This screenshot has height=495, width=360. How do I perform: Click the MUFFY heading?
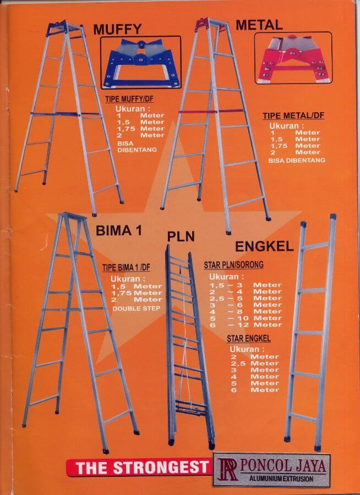[x=117, y=29]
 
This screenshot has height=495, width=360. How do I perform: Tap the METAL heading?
[x=259, y=25]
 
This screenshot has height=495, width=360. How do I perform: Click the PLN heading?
[x=181, y=236]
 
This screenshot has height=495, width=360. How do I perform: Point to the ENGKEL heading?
[x=265, y=246]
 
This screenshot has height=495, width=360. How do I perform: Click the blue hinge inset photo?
[x=141, y=63]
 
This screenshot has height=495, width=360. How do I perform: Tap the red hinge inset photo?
[x=293, y=58]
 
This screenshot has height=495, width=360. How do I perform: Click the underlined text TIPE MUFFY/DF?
[x=129, y=100]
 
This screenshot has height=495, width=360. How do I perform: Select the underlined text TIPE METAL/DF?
[x=293, y=116]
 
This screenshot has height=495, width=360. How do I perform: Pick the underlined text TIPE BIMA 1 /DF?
[x=126, y=268]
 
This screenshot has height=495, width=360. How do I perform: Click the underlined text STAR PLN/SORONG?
[x=233, y=265]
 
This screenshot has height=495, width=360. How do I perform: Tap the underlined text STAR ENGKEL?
[x=249, y=339]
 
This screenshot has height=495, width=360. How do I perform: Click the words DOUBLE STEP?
[x=136, y=309]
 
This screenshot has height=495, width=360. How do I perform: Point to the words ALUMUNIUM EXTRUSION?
[x=281, y=479]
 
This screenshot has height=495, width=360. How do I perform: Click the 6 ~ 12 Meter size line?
[x=246, y=324]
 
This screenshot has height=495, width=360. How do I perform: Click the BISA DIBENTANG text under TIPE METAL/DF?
[x=297, y=161]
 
